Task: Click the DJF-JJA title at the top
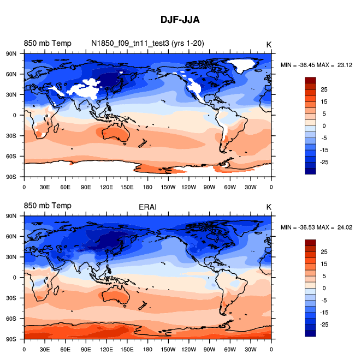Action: (180, 20)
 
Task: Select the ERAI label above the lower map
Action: (147, 206)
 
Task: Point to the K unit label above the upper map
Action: (269, 44)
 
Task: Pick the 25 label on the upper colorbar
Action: (324, 89)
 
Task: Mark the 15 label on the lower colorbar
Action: (324, 263)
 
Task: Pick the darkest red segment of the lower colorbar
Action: (310, 242)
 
